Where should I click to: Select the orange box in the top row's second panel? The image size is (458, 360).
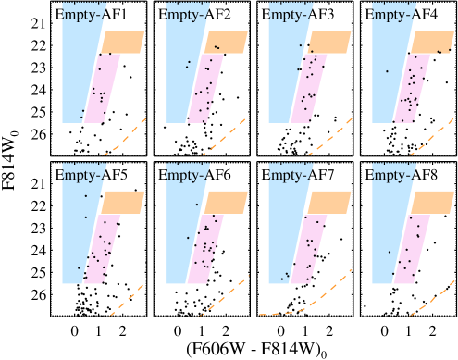pyautogui.click(x=225, y=42)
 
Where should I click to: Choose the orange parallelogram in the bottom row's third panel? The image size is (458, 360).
pyautogui.click(x=328, y=202)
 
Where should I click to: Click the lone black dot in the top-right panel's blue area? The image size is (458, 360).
pyautogui.click(x=387, y=71)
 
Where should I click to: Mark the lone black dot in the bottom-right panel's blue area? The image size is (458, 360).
pyautogui.click(x=389, y=251)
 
